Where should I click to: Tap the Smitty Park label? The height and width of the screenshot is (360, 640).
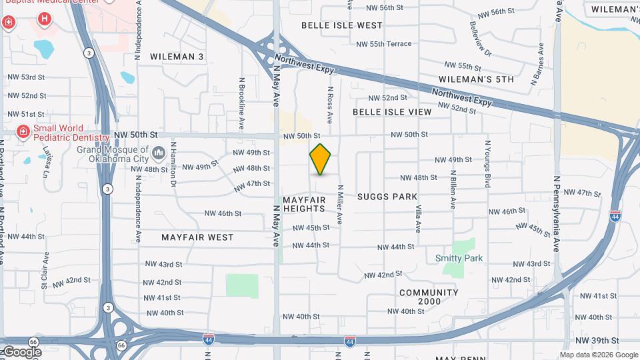pos(459,258)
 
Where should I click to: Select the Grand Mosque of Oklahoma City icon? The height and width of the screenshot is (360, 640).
pos(159,154)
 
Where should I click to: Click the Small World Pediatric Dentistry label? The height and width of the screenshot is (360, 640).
pos(60,133)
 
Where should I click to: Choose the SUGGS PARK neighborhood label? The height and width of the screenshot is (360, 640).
pos(387,197)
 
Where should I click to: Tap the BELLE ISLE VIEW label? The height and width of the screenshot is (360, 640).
pos(392,112)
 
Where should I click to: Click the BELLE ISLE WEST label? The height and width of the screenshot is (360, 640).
pos(342,25)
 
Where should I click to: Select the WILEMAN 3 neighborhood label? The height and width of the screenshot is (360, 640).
pos(177,57)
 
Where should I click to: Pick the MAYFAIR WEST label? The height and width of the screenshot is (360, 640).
pos(197,237)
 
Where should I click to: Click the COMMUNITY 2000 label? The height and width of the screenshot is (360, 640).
pos(429,297)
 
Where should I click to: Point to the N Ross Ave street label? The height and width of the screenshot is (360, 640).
pos(329,104)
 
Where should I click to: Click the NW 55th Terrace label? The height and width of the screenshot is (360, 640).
pos(391,44)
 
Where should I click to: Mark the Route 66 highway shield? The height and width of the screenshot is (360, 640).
pos(121,345)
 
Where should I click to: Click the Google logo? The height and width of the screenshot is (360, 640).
pos(21,351)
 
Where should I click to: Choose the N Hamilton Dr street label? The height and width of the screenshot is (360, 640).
pos(173,163)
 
